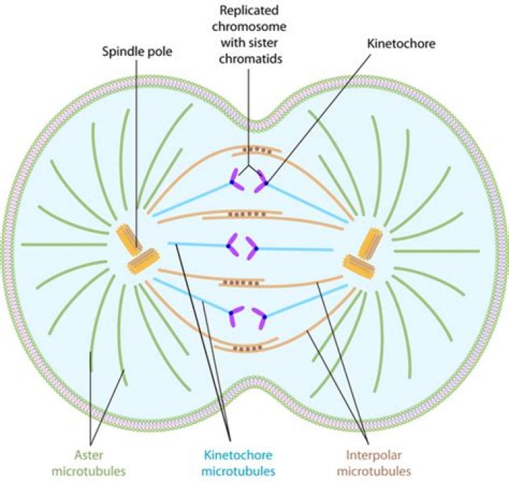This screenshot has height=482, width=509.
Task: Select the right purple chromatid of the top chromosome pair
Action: pyautogui.click(x=260, y=180)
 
